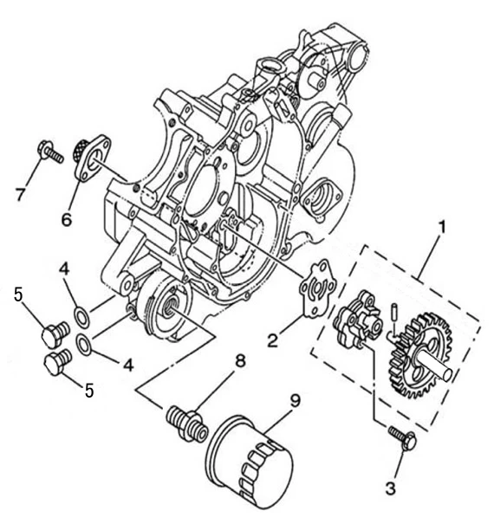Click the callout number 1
442,227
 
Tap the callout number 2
273,340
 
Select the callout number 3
390,488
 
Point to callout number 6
66,220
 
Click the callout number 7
21,195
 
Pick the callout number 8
240,361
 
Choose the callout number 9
295,401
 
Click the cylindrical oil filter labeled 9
250,463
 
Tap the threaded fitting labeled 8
187,424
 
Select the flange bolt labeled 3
403,437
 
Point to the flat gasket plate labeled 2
318,288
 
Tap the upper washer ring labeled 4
81,318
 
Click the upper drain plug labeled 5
55,333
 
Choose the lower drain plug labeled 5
57,361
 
